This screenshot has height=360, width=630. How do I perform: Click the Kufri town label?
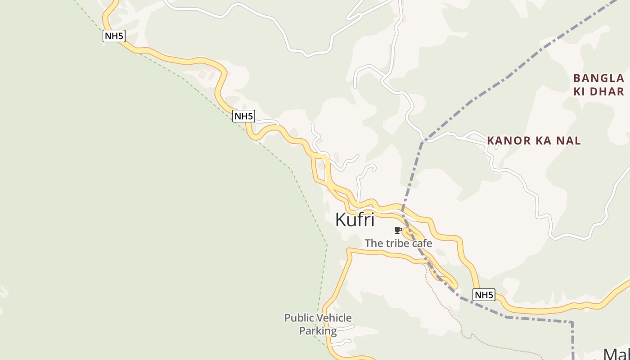point(355,220)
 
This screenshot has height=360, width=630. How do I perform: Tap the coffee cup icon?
point(398,230)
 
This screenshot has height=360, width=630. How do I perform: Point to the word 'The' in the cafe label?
point(373,243)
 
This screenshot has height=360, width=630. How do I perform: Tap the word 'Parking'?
point(318,331)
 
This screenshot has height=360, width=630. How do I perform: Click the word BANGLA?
point(598,78)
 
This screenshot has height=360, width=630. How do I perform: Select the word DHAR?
point(607,92)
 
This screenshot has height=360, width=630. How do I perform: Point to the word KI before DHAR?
point(580,92)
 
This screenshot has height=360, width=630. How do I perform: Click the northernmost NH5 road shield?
point(114,36)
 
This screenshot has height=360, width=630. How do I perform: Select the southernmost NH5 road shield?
point(484,295)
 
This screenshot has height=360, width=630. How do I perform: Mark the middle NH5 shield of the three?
point(243,116)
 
